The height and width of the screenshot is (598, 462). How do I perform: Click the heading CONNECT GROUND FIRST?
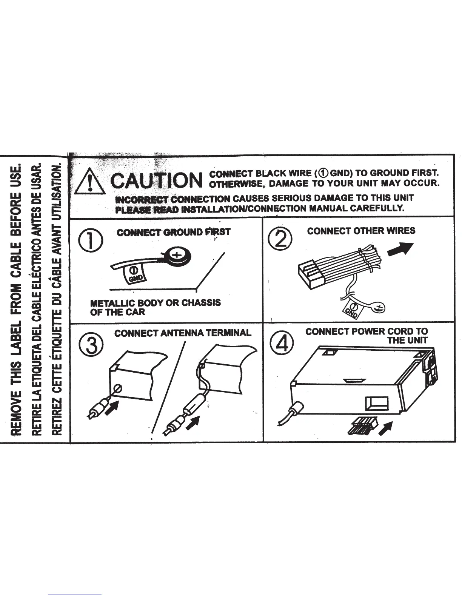173,232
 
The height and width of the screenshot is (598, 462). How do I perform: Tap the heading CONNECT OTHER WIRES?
361,231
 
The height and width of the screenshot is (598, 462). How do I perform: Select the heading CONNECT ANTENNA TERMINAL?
183,333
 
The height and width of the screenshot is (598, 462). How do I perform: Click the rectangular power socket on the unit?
377,403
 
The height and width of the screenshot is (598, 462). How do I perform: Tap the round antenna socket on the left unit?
117,388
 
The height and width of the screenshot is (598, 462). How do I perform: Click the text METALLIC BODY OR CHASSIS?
156,303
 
